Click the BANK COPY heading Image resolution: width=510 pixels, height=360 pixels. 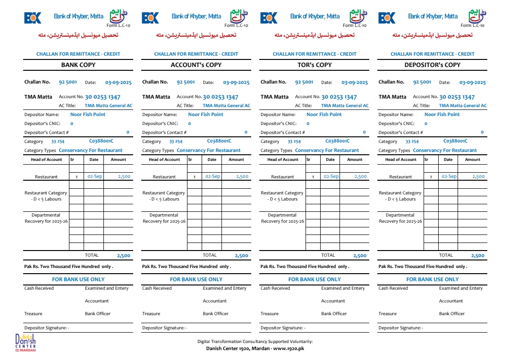[x=78, y=65]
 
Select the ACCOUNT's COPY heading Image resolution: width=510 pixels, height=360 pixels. [x=196, y=65]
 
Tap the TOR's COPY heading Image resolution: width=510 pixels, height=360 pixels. [x=314, y=65]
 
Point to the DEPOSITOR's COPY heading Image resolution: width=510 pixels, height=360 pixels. [x=432, y=65]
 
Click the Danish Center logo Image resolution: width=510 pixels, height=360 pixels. [x=25, y=342]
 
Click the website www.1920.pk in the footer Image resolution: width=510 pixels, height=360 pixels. [x=289, y=349]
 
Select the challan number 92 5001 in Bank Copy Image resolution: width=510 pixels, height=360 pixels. [x=68, y=82]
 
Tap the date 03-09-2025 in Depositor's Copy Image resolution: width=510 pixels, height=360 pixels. [x=472, y=83]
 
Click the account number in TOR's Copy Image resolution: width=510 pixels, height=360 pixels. [x=339, y=97]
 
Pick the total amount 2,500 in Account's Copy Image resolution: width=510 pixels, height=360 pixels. [x=241, y=256]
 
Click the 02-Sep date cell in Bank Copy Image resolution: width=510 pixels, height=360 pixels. [x=94, y=176]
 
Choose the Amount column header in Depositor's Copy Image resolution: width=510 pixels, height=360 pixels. [x=472, y=159]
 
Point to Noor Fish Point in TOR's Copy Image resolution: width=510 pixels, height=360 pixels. [x=324, y=115]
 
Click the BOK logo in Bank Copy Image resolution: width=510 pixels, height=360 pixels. [x=33, y=18]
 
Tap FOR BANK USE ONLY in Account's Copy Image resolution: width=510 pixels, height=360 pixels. [x=196, y=279]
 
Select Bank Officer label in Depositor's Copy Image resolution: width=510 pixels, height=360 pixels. [x=451, y=314]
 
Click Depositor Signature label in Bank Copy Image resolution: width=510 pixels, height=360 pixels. [x=46, y=328]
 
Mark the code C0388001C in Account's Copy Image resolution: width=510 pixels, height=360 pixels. [x=219, y=141]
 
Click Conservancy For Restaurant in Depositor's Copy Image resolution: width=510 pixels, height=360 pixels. [x=445, y=151]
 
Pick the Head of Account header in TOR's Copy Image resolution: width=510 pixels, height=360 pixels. [x=282, y=159]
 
